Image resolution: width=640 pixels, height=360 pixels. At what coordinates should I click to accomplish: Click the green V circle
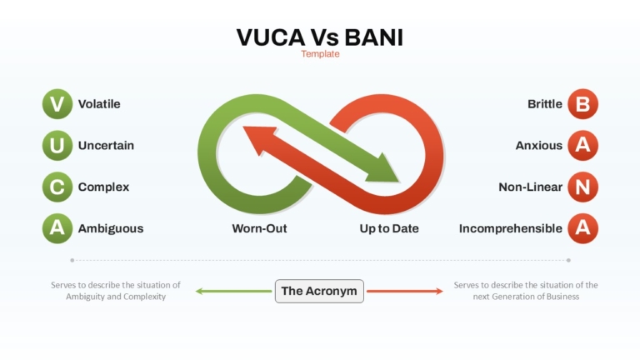pyautogui.click(x=57, y=104)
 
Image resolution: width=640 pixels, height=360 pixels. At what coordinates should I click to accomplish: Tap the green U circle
pyautogui.click(x=57, y=146)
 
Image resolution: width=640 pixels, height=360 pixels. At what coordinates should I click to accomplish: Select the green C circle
pyautogui.click(x=57, y=187)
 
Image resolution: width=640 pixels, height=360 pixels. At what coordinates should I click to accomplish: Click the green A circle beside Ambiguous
pyautogui.click(x=57, y=228)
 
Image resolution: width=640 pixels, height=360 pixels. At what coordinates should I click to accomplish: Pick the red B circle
pyautogui.click(x=582, y=104)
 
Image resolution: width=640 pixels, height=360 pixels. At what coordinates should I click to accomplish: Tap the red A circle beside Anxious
pyautogui.click(x=582, y=146)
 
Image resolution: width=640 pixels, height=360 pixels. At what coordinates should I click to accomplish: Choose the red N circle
pyautogui.click(x=582, y=187)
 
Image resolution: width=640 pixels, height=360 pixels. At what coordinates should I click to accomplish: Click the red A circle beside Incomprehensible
pyautogui.click(x=582, y=228)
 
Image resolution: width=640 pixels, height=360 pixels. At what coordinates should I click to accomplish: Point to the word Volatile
pyautogui.click(x=99, y=104)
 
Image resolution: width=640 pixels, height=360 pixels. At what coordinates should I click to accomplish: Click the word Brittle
pyautogui.click(x=545, y=104)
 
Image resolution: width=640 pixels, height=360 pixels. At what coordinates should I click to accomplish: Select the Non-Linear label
pyautogui.click(x=531, y=187)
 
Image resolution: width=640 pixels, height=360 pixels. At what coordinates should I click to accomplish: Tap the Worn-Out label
pyautogui.click(x=260, y=228)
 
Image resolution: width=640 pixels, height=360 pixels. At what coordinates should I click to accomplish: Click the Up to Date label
pyautogui.click(x=389, y=228)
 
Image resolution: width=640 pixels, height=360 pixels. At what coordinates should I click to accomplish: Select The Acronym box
pyautogui.click(x=319, y=291)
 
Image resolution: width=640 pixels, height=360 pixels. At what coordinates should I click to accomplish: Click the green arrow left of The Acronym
pyautogui.click(x=233, y=291)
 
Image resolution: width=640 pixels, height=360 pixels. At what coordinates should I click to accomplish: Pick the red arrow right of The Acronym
pyautogui.click(x=404, y=291)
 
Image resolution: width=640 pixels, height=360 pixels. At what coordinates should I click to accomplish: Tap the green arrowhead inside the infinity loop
pyautogui.click(x=382, y=169)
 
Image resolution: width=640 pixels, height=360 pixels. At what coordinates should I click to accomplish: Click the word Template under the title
pyautogui.click(x=320, y=54)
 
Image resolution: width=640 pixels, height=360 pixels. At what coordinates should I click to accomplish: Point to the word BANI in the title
pyautogui.click(x=373, y=37)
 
